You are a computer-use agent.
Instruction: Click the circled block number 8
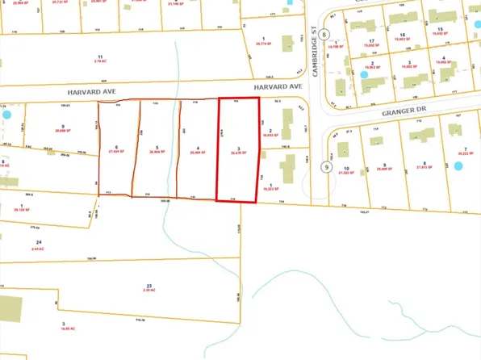click(x=324, y=34)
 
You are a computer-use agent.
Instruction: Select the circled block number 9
click(x=326, y=167)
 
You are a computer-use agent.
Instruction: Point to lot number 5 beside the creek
click(x=155, y=146)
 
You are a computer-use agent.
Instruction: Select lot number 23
click(x=148, y=286)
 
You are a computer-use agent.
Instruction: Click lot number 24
click(x=38, y=242)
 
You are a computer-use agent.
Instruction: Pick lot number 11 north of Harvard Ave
click(x=99, y=56)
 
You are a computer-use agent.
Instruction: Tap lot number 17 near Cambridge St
click(x=372, y=40)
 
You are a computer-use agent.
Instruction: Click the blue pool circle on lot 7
click(x=458, y=166)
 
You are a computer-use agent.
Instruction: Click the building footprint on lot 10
click(x=342, y=150)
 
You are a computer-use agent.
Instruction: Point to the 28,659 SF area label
click(x=61, y=131)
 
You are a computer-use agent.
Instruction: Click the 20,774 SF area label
click(x=264, y=44)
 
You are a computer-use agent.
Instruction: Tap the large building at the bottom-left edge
click(x=10, y=308)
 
